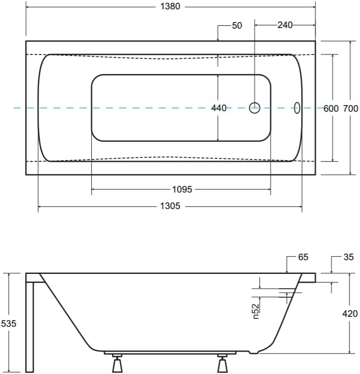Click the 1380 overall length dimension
pos(170,7)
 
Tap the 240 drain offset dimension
pos(285,25)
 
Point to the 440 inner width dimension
pos(219,108)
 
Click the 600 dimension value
pos(330,108)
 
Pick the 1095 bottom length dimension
pos(182,189)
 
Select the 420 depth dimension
pos(350,313)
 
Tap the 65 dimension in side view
pos(303,257)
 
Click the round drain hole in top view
pos(254,108)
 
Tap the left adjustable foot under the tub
pos(117,364)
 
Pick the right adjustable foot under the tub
pos(223,364)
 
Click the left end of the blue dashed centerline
pos(14,108)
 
